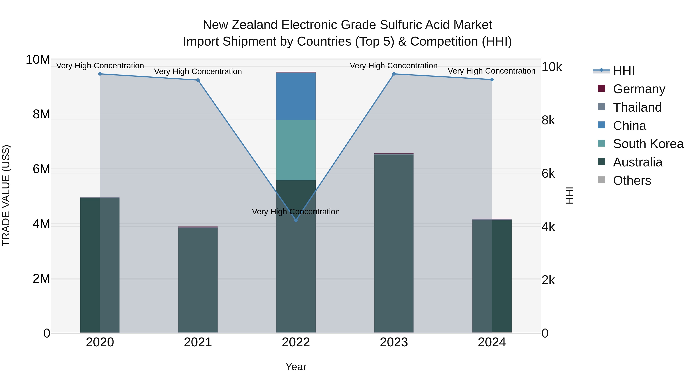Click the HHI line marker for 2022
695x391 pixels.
pyautogui.click(x=296, y=220)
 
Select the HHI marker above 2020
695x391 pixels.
pyautogui.click(x=100, y=74)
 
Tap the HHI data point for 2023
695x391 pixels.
pyautogui.click(x=394, y=74)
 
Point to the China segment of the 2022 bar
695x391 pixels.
pyautogui.click(x=296, y=96)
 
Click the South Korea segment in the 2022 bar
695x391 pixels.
pyautogui.click(x=296, y=150)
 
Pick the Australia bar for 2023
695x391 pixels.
pyautogui.click(x=394, y=243)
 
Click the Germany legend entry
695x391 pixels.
pyautogui.click(x=639, y=89)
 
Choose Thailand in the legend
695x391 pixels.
pyautogui.click(x=637, y=107)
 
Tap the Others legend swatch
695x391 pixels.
pyautogui.click(x=601, y=180)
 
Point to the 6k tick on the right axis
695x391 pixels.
pyautogui.click(x=548, y=174)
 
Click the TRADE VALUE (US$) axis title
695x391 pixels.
pyautogui.click(x=6, y=195)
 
